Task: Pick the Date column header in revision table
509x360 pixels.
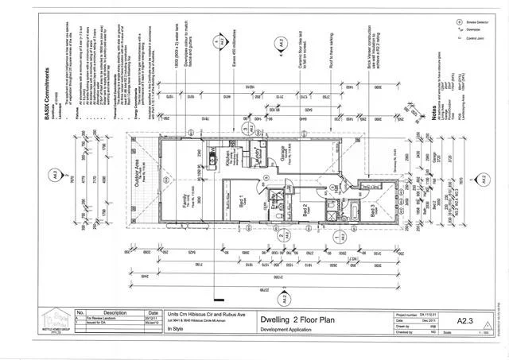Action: pyautogui.click(x=153, y=312)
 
